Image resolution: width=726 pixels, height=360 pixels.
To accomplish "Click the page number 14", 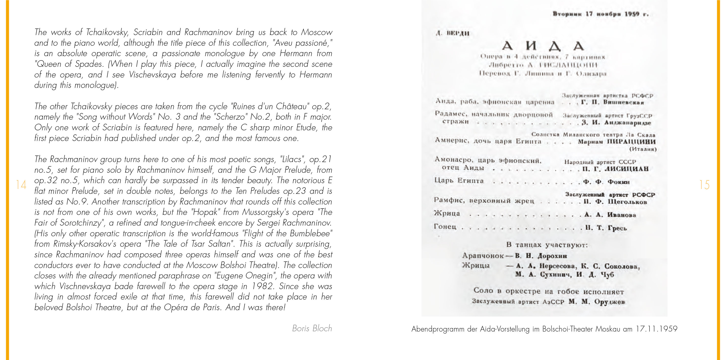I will [21, 185].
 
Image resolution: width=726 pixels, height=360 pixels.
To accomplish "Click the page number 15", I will [704, 185].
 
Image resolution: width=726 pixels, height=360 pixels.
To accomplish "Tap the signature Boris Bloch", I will [312, 328].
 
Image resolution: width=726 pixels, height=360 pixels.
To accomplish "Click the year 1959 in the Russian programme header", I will [632, 14].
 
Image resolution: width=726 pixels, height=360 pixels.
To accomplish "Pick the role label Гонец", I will [445, 226].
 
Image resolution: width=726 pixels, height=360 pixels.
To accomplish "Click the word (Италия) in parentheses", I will [643, 149].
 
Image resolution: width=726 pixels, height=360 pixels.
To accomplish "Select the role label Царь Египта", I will [459, 180].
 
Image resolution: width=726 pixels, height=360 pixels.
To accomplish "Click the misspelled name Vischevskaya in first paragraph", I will [152, 75].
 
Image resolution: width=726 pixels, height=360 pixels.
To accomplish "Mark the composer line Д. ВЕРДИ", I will [453, 33].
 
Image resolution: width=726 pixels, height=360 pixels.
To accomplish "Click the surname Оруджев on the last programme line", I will [610, 302].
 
